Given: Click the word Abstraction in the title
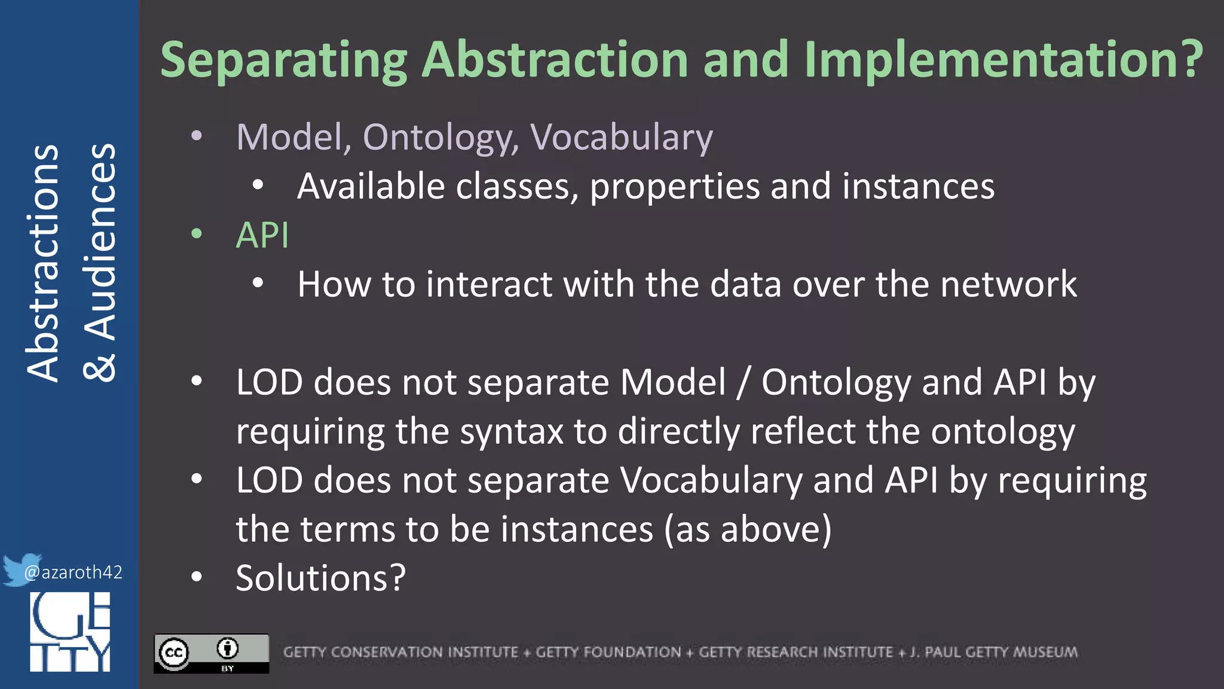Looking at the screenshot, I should coord(555,60).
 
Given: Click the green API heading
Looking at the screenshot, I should coord(262,235).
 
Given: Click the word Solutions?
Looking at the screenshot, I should coord(321,578).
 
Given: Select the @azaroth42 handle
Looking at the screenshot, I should coord(73,572).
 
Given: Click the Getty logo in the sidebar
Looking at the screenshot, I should coord(70,632).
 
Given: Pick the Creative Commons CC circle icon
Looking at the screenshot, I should coord(174,653).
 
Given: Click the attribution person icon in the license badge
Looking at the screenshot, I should coord(228,648).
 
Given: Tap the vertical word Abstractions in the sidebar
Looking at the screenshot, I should coord(43,263).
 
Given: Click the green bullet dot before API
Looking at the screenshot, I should coord(197,234).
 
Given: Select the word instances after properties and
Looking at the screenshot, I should coord(918,186).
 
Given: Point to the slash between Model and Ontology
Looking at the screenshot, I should coord(743,382).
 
